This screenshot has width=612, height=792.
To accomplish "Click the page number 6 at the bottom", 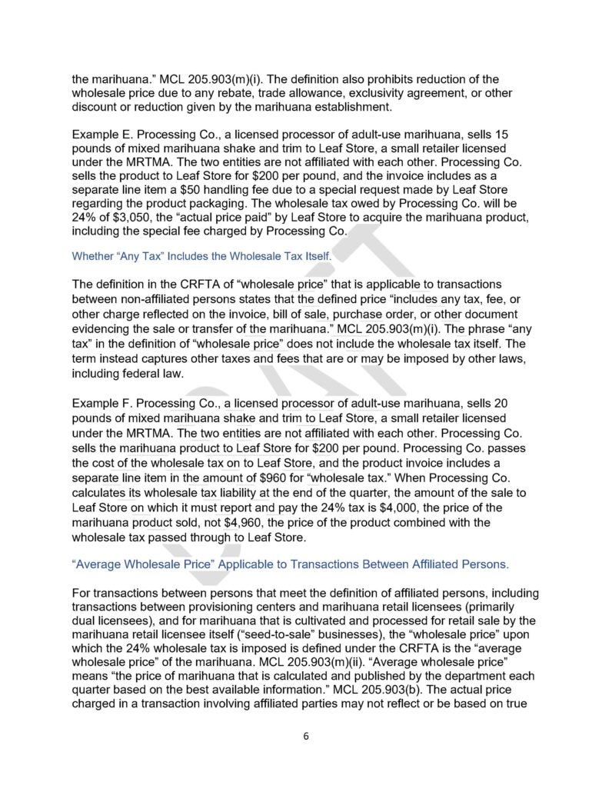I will [x=305, y=735].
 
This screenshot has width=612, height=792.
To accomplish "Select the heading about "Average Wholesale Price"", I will [x=290, y=564].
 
